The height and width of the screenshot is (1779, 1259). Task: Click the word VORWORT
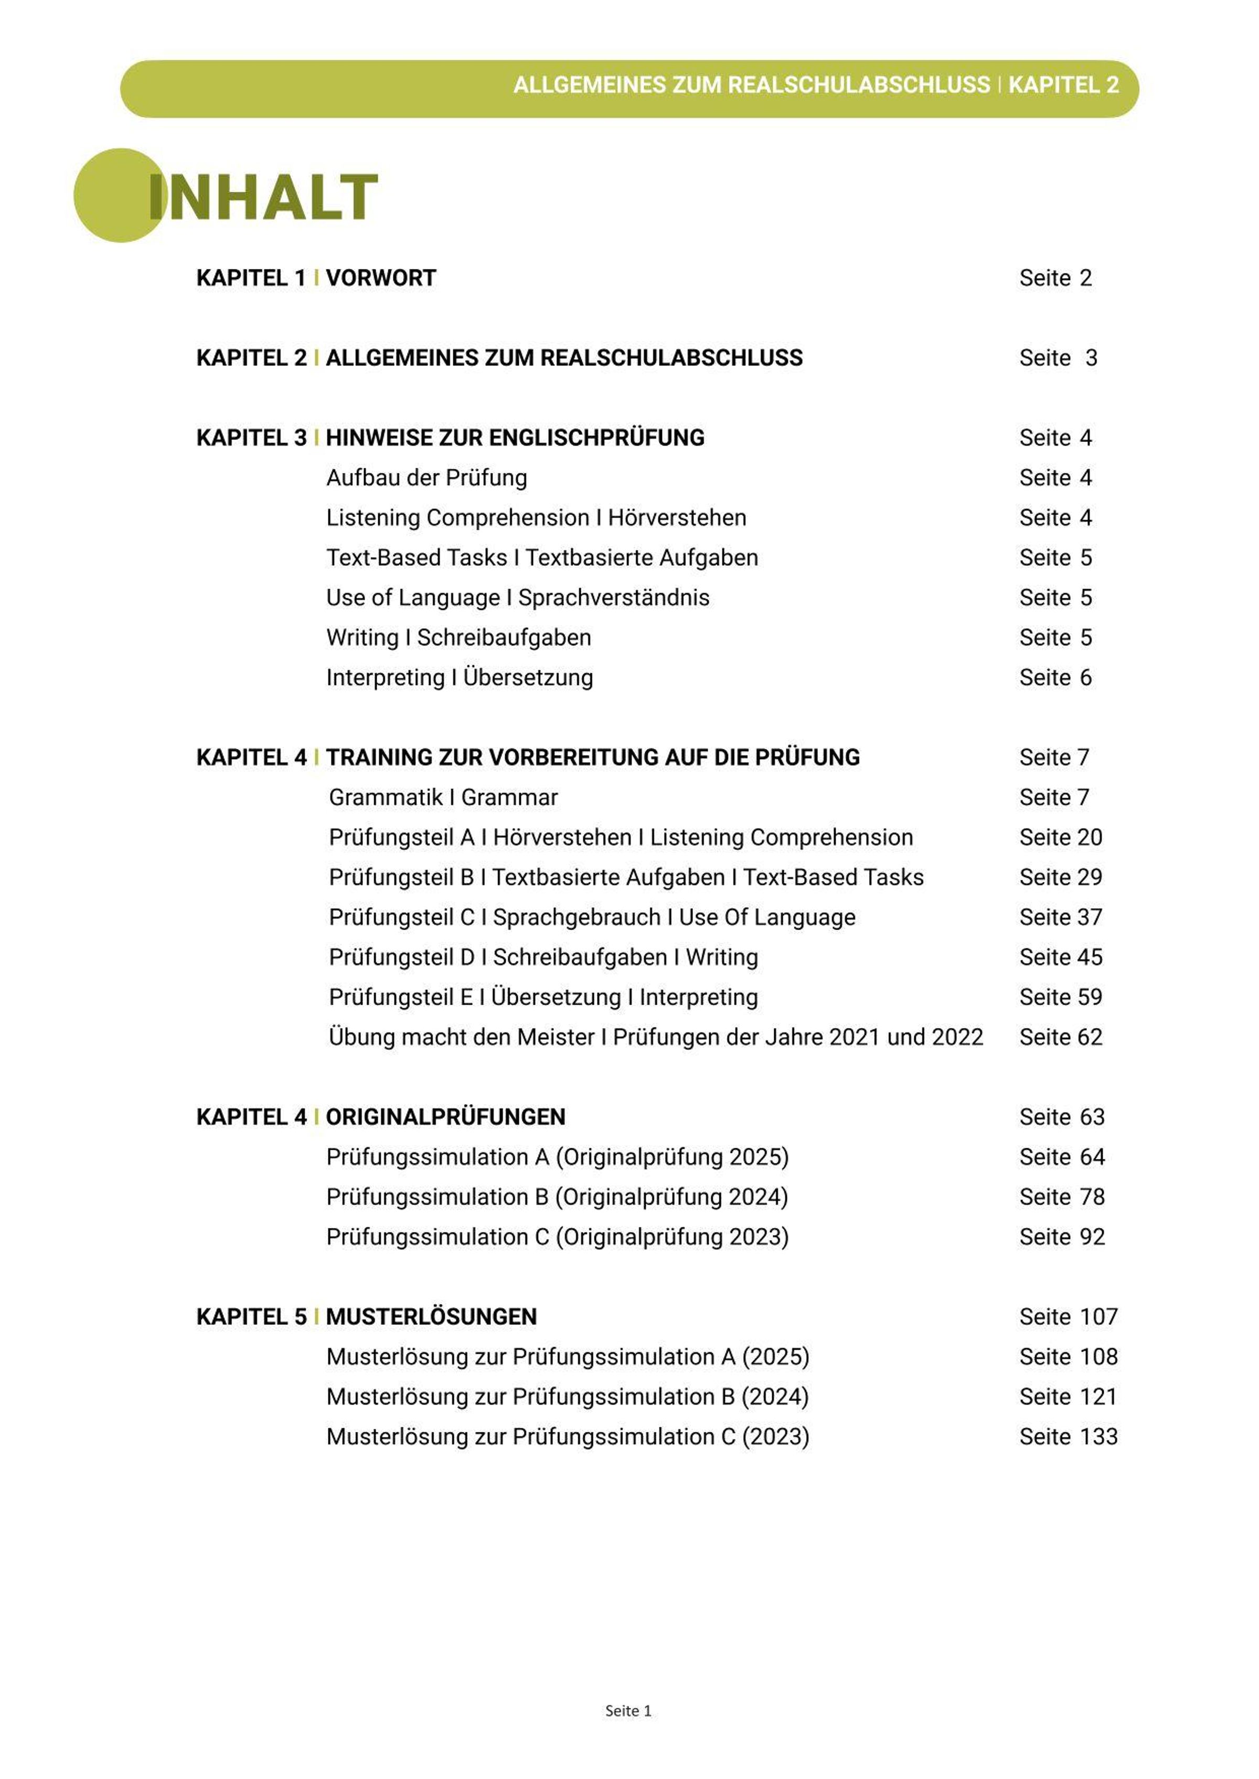[x=381, y=278]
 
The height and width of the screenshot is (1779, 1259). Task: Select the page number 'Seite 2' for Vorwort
[x=1055, y=278]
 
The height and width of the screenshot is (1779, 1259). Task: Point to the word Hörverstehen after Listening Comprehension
[x=677, y=517]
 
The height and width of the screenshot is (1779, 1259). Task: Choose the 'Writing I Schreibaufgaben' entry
[x=458, y=638]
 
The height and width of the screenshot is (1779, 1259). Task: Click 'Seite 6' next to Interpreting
[x=1055, y=678]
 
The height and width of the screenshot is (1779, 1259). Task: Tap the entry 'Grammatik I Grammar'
[x=443, y=797]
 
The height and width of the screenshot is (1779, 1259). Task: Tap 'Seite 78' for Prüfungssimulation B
[x=1061, y=1197]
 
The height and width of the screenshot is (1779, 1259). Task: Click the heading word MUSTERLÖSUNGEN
[x=431, y=1317]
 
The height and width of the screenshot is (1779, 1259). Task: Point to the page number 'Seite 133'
[x=1068, y=1437]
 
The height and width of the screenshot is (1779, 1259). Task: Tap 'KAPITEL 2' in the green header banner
[x=1063, y=85]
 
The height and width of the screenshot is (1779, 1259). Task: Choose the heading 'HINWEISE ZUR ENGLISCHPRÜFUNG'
[x=515, y=438]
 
